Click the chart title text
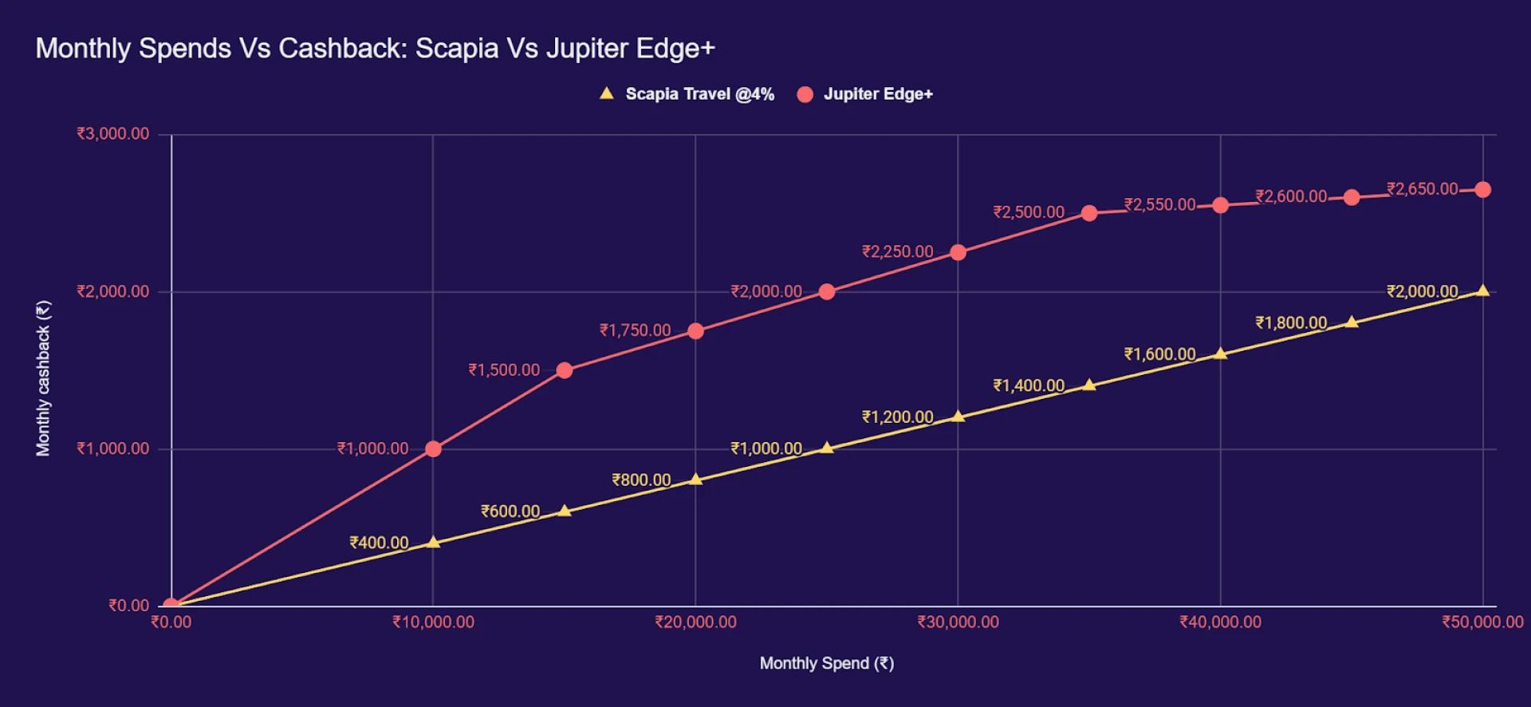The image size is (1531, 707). (x=375, y=49)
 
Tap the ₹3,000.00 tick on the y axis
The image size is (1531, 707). (x=112, y=134)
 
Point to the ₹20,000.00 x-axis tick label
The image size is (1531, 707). (x=695, y=622)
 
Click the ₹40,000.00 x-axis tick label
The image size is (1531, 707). (x=1220, y=622)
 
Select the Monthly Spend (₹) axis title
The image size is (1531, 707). (x=826, y=664)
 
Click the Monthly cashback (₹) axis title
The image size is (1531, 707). (x=43, y=378)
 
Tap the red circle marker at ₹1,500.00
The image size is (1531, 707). (x=565, y=370)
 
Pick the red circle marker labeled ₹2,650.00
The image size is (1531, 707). (x=1482, y=190)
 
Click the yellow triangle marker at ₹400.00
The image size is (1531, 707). (x=433, y=543)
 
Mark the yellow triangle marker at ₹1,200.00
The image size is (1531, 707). (x=958, y=417)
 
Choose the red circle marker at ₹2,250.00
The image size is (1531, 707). (x=958, y=253)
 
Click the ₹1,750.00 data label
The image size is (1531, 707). (x=635, y=330)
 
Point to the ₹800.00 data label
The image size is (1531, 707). (x=641, y=480)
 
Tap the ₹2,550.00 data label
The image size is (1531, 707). (x=1159, y=205)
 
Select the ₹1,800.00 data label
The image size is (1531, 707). (x=1291, y=323)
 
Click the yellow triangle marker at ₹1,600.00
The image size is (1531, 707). (x=1220, y=353)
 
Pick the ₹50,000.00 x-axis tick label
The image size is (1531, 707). (x=1482, y=622)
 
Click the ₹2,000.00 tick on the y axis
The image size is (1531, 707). (x=112, y=291)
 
